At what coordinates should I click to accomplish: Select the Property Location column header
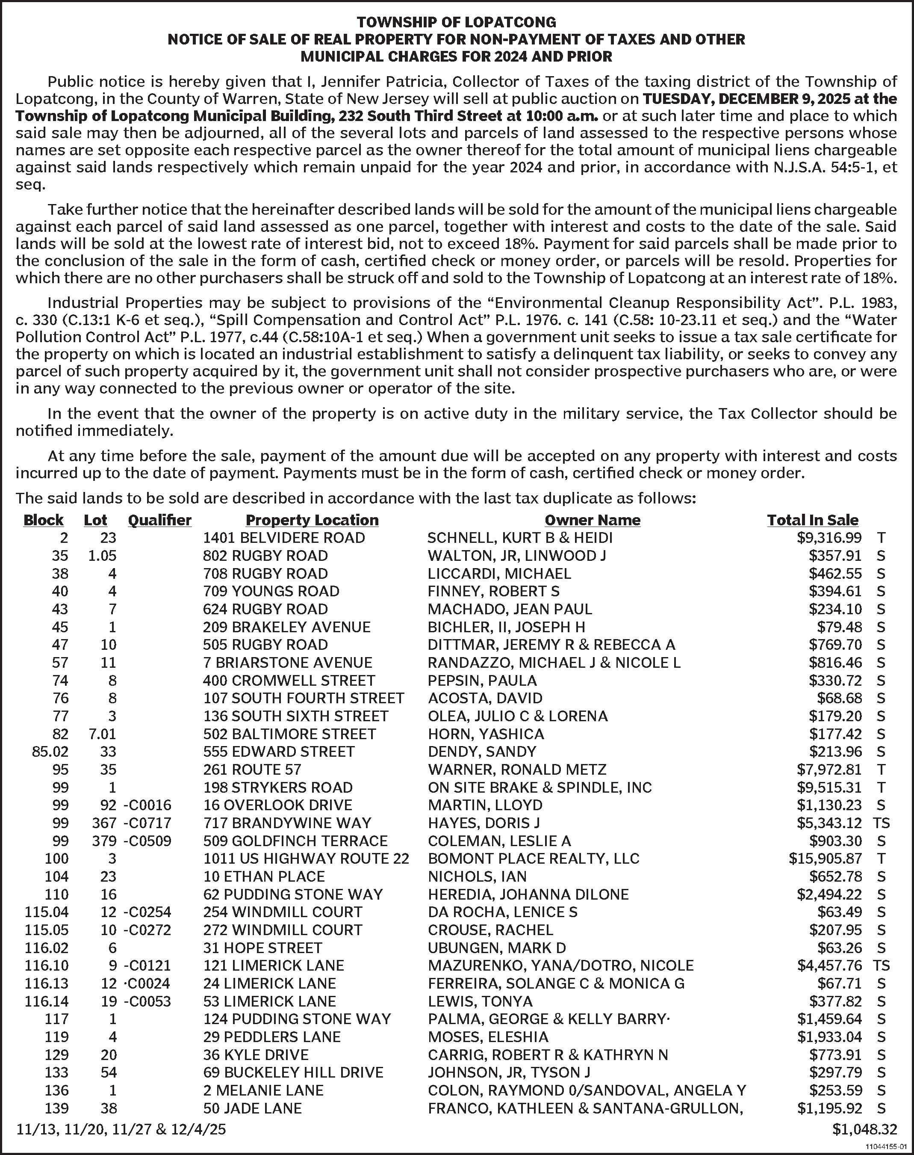312,520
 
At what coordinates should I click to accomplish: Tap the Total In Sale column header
812,520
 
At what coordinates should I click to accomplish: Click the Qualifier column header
159,520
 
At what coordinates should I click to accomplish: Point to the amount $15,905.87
825,859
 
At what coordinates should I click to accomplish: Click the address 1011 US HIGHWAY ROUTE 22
306,859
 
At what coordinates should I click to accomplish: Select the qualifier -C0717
147,823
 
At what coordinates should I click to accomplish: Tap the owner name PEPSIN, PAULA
482,681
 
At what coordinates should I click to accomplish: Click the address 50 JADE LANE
253,1108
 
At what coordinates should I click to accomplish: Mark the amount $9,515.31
829,788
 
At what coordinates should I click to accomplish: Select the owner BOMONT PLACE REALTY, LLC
534,859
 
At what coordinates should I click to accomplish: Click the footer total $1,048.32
864,1130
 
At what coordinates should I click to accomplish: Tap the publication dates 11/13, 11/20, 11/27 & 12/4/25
121,1130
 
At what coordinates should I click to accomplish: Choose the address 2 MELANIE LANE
263,1091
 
